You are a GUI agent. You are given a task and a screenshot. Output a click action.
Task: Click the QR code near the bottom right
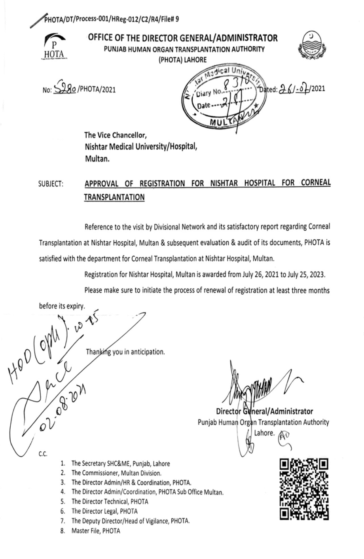(x=304, y=489)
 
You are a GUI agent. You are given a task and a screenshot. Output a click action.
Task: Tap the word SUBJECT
(x=51, y=184)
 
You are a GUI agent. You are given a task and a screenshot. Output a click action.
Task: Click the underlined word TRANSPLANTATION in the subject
(x=114, y=197)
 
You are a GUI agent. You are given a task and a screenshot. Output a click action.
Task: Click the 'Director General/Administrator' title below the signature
(x=264, y=411)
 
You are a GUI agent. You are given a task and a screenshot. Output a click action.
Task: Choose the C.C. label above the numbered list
(x=43, y=454)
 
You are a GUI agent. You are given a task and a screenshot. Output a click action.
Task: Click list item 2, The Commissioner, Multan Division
(x=116, y=473)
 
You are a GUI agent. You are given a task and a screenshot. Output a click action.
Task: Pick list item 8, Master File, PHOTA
(x=95, y=531)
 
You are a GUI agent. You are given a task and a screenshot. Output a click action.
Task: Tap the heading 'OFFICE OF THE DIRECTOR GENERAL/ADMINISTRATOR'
(x=183, y=38)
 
